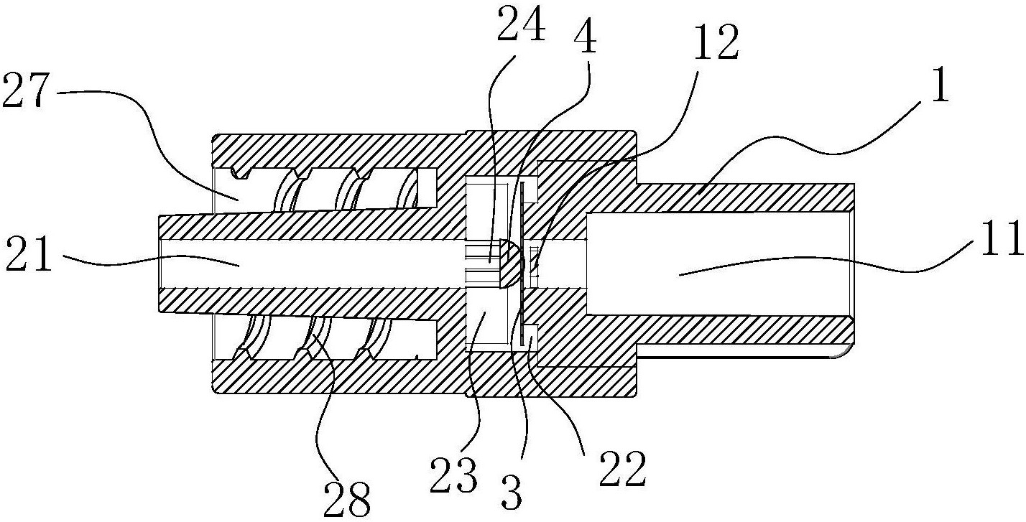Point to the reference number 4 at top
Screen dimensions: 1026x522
585,38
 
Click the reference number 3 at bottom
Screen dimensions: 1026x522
512,493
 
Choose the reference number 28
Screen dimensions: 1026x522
347,500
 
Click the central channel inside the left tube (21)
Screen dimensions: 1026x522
312,264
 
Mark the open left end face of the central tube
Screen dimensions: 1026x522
160,264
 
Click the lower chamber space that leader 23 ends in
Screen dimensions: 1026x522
486,320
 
